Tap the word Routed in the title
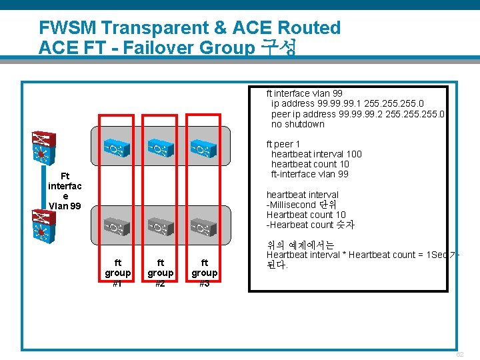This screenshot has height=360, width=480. (x=309, y=28)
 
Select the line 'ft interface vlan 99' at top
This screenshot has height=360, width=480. (x=304, y=94)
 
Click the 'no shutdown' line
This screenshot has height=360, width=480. (x=297, y=124)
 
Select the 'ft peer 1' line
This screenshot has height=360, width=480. (x=283, y=144)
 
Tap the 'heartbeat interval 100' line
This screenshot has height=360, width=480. (x=316, y=154)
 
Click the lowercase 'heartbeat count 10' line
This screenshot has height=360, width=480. (x=310, y=164)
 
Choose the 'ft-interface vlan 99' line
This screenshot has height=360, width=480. (x=309, y=174)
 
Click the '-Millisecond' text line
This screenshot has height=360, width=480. (x=301, y=205)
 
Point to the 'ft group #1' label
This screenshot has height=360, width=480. (x=118, y=273)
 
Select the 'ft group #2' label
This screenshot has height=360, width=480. (x=160, y=273)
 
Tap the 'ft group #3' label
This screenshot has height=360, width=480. (x=204, y=273)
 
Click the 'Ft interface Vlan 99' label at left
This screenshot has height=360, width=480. (x=65, y=191)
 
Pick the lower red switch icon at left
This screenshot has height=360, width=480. (x=41, y=227)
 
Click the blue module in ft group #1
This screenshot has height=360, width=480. (x=118, y=148)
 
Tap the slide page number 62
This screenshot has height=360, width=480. (x=460, y=354)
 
